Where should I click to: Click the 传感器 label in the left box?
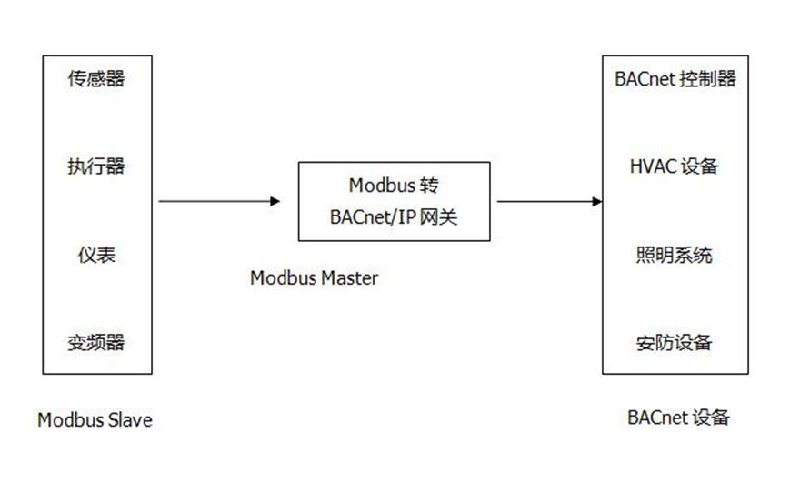pos(95,79)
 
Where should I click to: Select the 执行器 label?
pos(95,166)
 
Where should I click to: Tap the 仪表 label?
pos(95,255)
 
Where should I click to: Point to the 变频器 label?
pos(95,343)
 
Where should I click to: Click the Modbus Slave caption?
pos(95,420)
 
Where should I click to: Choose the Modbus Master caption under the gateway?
pos(314,278)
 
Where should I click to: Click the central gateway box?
pos(394,201)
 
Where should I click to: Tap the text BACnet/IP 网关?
pos(394,218)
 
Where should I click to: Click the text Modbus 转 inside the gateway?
pos(394,186)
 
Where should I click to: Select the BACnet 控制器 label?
pos(675,79)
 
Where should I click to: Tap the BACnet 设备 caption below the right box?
pos(678,418)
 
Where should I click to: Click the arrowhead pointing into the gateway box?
pos(275,201)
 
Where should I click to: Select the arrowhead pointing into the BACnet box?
pos(596,201)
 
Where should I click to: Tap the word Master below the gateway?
pos(349,278)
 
